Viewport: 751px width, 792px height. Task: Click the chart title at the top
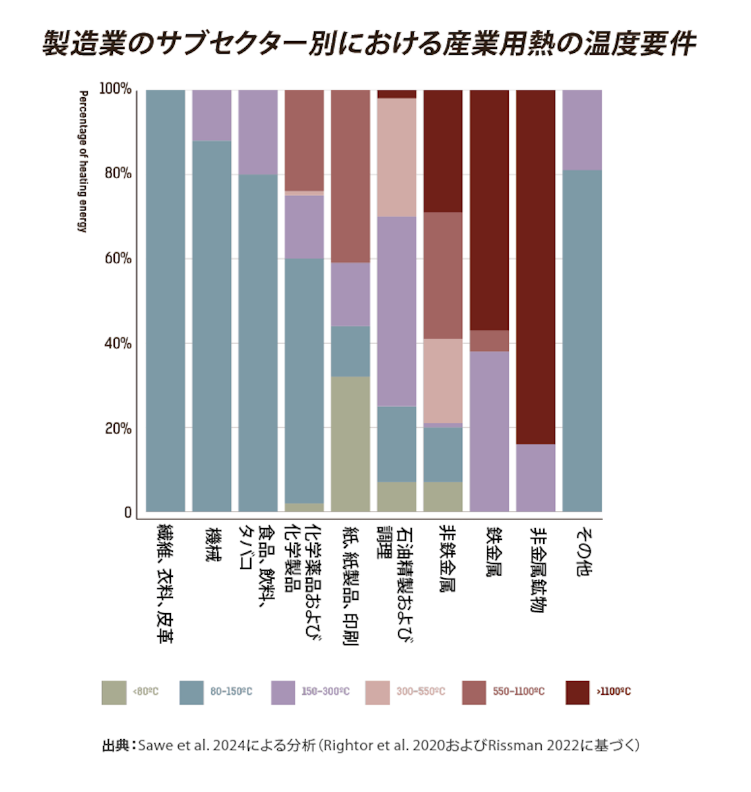[370, 44]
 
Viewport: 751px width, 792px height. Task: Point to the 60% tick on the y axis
[118, 259]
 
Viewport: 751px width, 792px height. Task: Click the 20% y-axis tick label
[118, 428]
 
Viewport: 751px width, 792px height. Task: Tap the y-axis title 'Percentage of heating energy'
[83, 162]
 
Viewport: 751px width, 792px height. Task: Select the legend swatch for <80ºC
[114, 692]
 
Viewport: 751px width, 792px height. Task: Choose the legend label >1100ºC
[614, 692]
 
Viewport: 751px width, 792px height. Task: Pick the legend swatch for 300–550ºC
[377, 692]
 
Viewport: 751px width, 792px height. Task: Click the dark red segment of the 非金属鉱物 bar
[535, 264]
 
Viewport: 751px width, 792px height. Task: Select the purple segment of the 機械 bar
[212, 115]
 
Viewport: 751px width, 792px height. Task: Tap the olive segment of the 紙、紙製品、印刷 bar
[350, 444]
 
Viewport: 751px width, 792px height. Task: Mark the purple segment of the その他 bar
[582, 129]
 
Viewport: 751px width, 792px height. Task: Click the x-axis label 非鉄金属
[449, 558]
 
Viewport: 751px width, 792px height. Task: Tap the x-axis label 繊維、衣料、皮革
[164, 583]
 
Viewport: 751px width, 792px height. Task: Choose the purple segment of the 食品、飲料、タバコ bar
[258, 132]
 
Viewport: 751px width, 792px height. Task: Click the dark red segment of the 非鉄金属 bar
[443, 150]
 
